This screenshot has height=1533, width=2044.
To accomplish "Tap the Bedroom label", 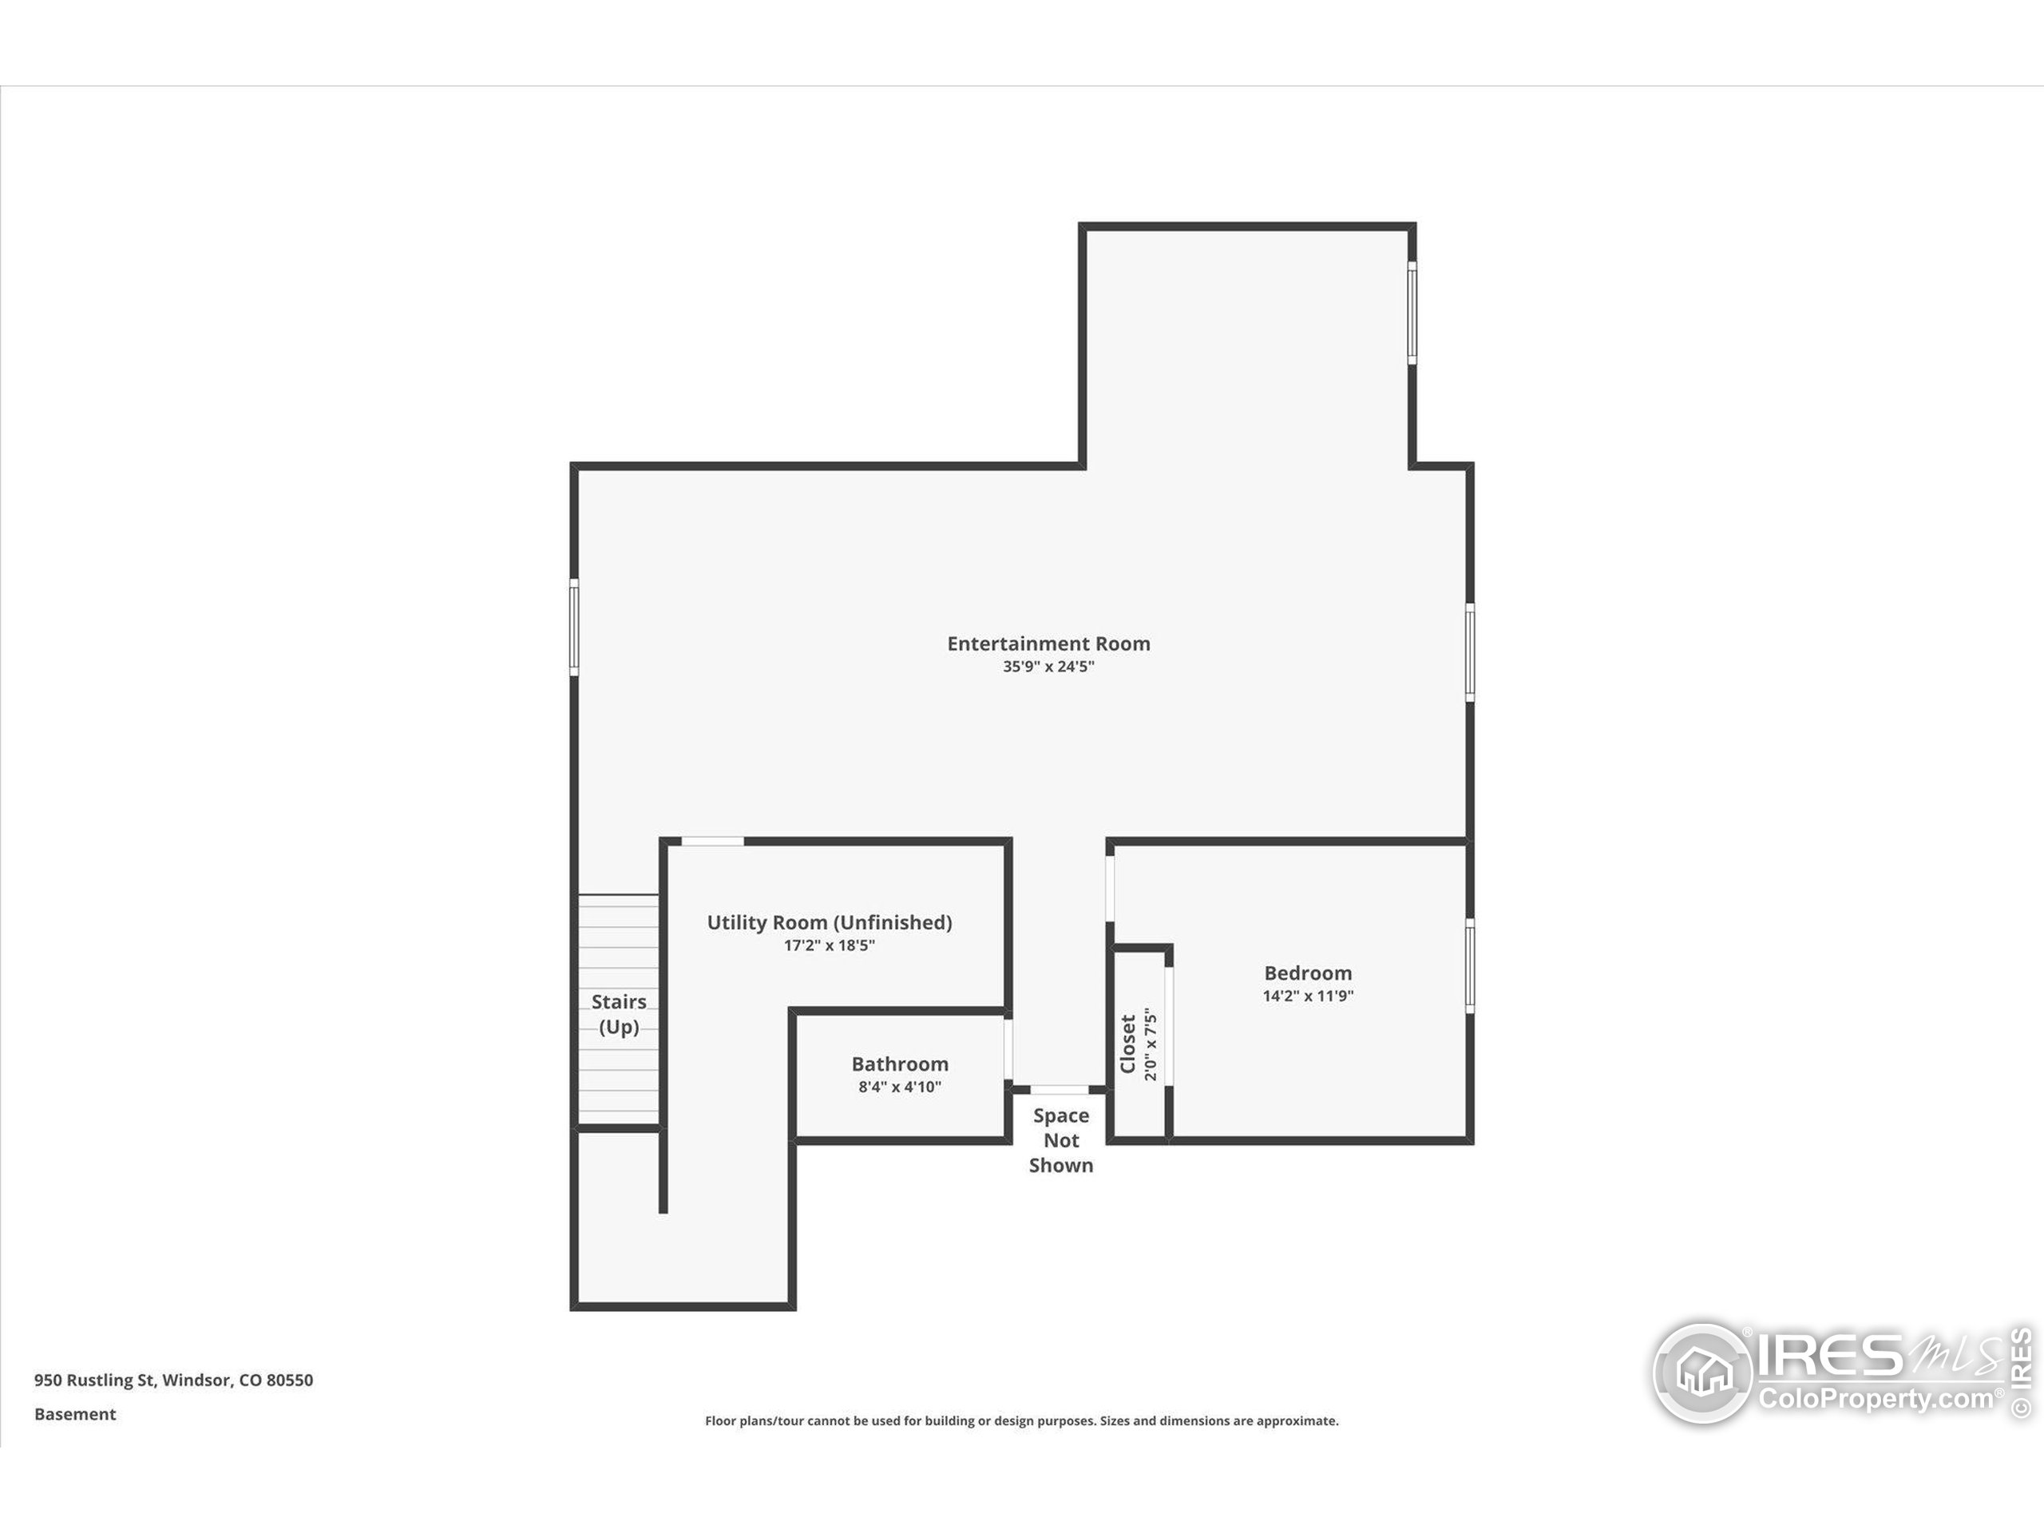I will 1308,973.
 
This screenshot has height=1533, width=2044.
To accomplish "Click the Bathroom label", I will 899,1064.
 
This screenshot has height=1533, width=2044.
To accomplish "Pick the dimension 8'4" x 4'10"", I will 899,1087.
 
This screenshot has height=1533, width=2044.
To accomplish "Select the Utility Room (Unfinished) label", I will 829,922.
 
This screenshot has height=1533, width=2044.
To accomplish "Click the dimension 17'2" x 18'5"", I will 829,945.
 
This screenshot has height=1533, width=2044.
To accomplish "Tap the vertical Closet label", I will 1128,1044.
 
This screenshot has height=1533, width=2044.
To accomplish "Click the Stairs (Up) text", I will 618,1014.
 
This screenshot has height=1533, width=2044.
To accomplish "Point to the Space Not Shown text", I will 1061,1140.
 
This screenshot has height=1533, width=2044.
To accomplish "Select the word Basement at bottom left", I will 75,1414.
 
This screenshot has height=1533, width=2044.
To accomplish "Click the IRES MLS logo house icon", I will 1703,1373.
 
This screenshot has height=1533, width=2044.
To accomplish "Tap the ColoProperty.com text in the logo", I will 1876,1399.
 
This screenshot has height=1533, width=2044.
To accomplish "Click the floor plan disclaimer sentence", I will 1021,1420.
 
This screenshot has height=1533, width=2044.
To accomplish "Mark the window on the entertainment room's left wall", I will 574,628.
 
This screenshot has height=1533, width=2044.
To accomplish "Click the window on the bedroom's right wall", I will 1469,965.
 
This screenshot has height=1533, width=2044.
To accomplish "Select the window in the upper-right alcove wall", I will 1412,312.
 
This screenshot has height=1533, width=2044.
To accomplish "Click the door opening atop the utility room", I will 712,841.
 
